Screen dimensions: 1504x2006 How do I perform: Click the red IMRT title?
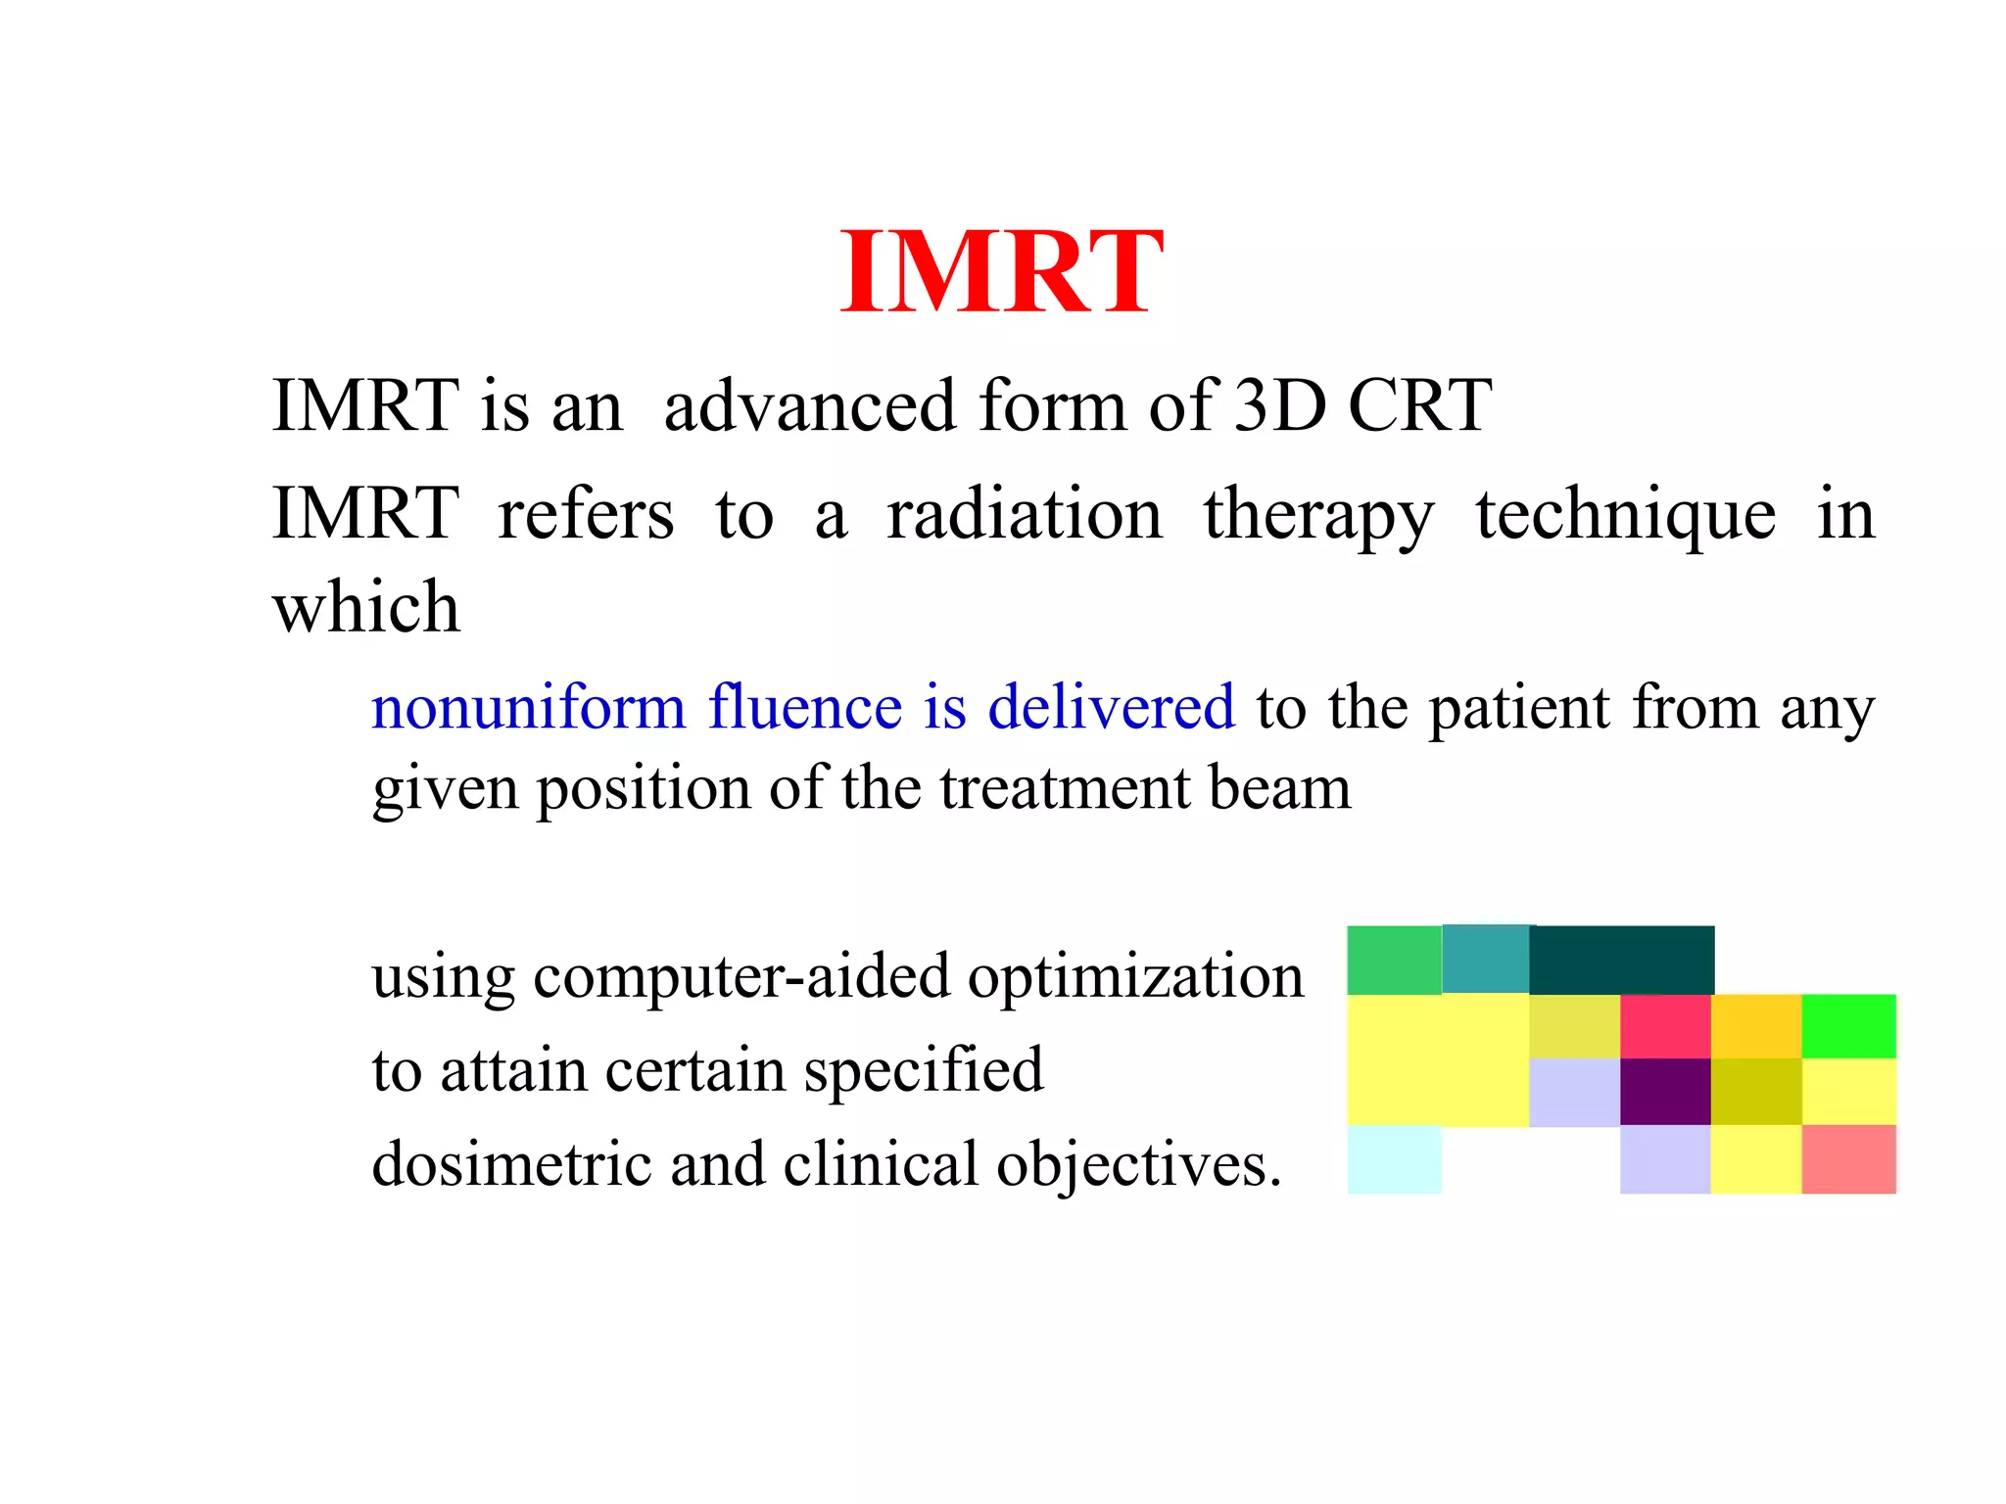[x=1001, y=272]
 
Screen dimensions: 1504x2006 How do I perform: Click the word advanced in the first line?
[x=809, y=405]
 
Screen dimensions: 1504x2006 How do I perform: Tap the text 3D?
[x=1278, y=405]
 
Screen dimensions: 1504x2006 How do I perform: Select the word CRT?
[x=1419, y=405]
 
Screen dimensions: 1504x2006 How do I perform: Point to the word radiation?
[x=1024, y=515]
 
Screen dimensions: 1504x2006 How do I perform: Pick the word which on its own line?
[x=366, y=607]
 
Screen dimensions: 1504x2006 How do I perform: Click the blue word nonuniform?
[x=528, y=707]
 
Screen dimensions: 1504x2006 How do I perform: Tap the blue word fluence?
[x=804, y=707]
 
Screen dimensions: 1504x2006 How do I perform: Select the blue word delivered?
[x=1111, y=707]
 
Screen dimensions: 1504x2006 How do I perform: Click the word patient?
[x=1518, y=709]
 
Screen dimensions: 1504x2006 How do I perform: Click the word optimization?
[x=1135, y=977]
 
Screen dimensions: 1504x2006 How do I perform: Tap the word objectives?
[x=1136, y=1165]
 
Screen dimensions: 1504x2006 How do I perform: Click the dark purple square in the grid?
[x=1665, y=1092]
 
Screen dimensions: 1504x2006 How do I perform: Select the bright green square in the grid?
[x=1848, y=1026]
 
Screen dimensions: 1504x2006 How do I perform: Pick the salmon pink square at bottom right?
[x=1848, y=1159]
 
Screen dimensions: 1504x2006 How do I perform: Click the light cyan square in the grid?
[x=1394, y=1159]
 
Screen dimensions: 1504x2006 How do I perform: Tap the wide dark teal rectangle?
[x=1621, y=960]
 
